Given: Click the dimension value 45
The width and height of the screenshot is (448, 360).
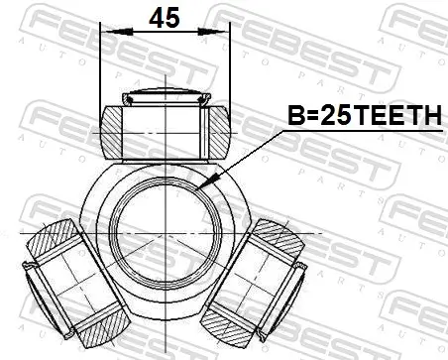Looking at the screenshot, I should [x=165, y=19].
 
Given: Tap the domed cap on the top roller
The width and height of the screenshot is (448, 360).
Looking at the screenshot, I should [x=165, y=97].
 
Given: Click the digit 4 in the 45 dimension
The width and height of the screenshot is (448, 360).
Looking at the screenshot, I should [x=155, y=19].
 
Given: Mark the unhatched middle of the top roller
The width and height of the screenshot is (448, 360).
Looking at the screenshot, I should [x=165, y=128].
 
